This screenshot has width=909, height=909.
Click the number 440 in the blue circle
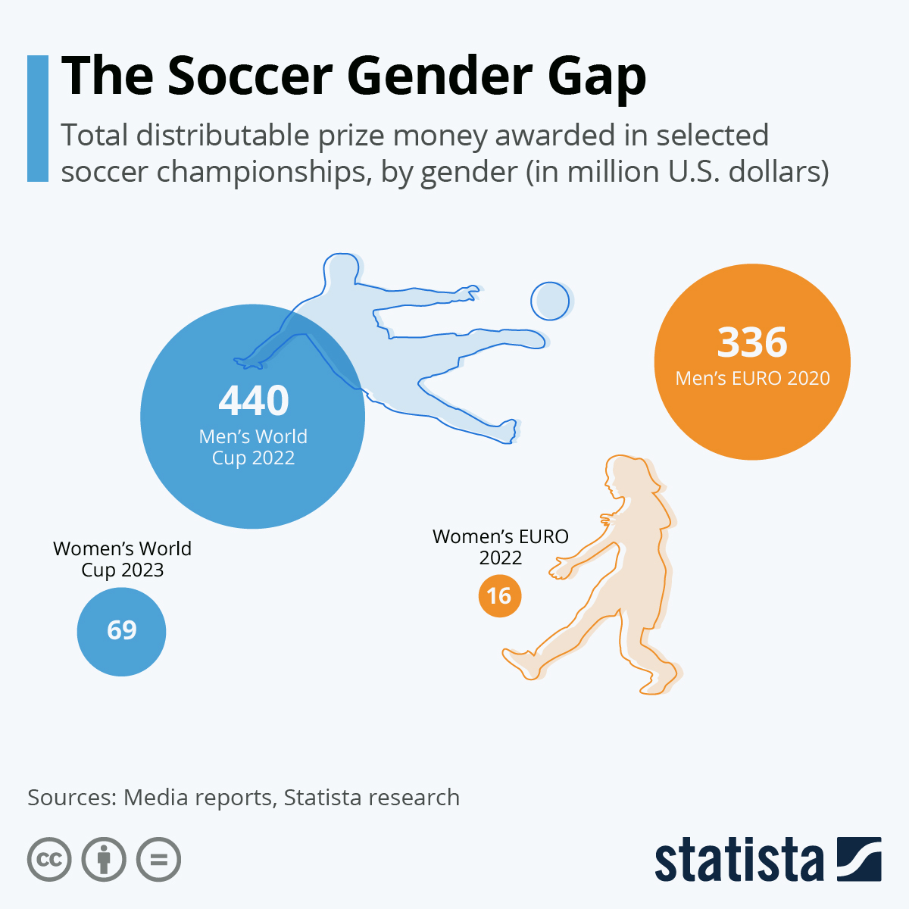click(254, 401)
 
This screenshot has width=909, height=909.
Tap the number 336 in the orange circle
click(752, 342)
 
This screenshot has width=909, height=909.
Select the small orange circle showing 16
click(500, 595)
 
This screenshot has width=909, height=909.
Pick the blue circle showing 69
click(121, 631)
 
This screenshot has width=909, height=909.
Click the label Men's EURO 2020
click(752, 378)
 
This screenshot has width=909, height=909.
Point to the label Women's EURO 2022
click(500, 547)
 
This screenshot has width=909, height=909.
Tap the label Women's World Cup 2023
click(122, 559)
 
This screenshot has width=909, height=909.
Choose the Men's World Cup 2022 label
click(253, 447)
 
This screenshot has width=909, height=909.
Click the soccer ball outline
click(549, 301)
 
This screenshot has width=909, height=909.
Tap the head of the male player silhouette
click(341, 270)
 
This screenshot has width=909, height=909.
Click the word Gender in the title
click(439, 77)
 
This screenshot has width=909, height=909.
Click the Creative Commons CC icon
click(49, 860)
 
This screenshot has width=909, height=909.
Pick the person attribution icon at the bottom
click(104, 860)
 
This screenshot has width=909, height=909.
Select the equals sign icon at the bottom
click(159, 860)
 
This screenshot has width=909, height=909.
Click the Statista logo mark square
click(859, 859)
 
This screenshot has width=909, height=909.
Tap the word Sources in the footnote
click(71, 798)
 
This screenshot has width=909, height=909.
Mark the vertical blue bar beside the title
click(38, 118)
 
